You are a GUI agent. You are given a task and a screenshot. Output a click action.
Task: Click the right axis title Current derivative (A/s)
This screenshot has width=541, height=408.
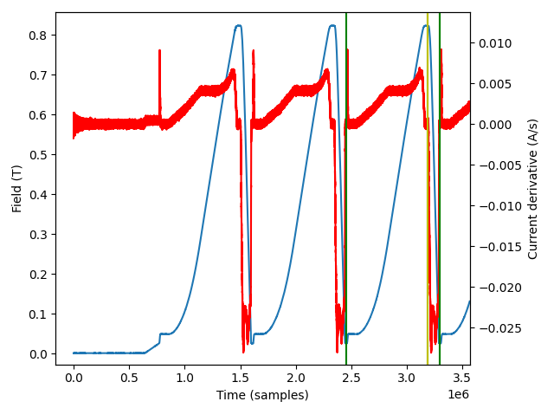pos(532,188)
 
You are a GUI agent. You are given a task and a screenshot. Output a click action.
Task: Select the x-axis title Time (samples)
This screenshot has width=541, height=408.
pos(262,395)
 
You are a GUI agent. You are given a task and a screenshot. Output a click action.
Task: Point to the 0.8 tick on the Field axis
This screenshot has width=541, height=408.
pos(38,35)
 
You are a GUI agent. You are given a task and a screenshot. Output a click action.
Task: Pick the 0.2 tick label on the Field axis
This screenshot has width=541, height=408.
pos(38,274)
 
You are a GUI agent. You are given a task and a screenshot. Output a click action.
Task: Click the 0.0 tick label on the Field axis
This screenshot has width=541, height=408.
pos(38,353)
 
